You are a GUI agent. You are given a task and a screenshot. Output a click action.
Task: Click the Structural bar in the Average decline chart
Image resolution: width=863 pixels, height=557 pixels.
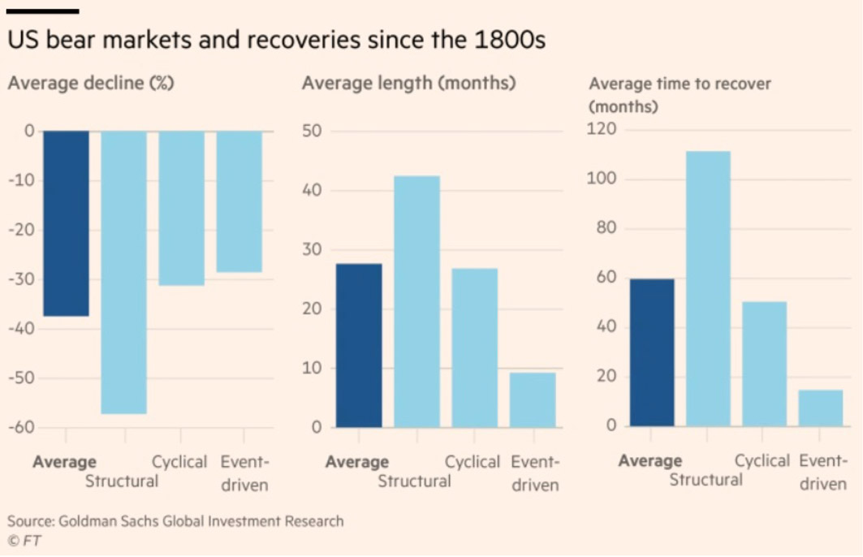[x=123, y=272]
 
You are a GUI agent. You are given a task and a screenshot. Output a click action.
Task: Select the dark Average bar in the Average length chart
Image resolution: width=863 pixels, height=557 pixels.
[x=359, y=345]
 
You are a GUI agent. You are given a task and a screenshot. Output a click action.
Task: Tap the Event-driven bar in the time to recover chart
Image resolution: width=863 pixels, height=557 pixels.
[x=820, y=408]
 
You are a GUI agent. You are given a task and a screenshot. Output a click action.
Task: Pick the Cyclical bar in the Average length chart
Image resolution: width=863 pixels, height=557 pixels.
[x=474, y=348]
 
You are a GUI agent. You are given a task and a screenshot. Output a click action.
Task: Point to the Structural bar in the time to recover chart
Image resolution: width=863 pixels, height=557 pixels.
[x=708, y=288]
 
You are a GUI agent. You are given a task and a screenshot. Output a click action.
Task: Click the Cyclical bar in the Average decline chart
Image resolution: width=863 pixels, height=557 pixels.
[x=181, y=208]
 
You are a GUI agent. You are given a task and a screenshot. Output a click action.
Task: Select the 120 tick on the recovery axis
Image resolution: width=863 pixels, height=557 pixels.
[x=602, y=130]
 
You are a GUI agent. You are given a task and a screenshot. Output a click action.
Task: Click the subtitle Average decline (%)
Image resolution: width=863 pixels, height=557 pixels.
[x=91, y=83]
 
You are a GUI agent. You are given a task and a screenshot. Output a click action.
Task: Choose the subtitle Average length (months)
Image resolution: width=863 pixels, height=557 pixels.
[x=408, y=83]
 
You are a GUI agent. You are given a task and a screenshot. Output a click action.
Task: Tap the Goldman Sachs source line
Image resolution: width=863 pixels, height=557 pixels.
[x=175, y=521]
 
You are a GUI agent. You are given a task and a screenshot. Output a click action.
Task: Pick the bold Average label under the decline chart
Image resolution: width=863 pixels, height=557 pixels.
[x=64, y=462]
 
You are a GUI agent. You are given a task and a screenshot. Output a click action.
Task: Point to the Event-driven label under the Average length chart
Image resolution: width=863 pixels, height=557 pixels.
[x=535, y=473]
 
